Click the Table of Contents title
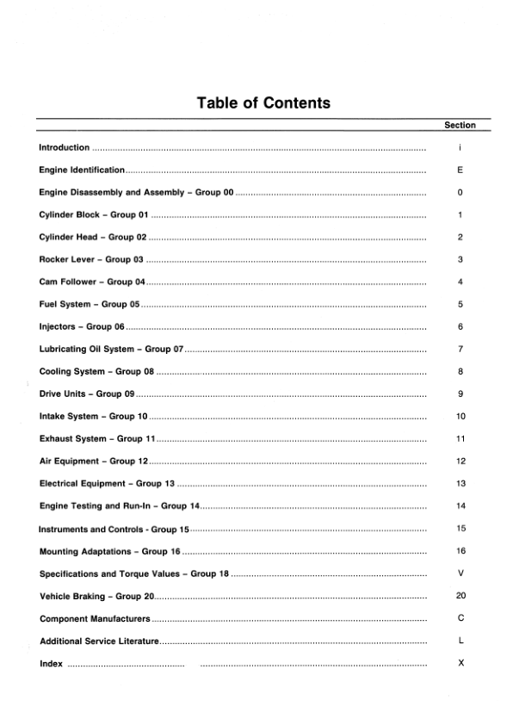coord(263,103)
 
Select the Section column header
coord(460,126)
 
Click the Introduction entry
coord(65,148)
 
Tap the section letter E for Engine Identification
coord(460,170)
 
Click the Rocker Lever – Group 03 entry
coord(91,259)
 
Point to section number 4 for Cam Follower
coord(460,282)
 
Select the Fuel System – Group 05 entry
coord(90,304)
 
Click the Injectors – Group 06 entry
coord(83,326)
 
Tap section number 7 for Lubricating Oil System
coord(460,349)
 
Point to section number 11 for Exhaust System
coord(460,438)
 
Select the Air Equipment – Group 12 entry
coord(95,461)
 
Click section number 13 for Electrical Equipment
coord(460,483)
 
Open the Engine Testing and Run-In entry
coord(120,505)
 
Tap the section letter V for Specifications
coord(460,573)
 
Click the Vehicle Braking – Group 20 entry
coord(96,595)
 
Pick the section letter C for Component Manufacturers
coord(460,617)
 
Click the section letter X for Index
coord(460,662)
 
